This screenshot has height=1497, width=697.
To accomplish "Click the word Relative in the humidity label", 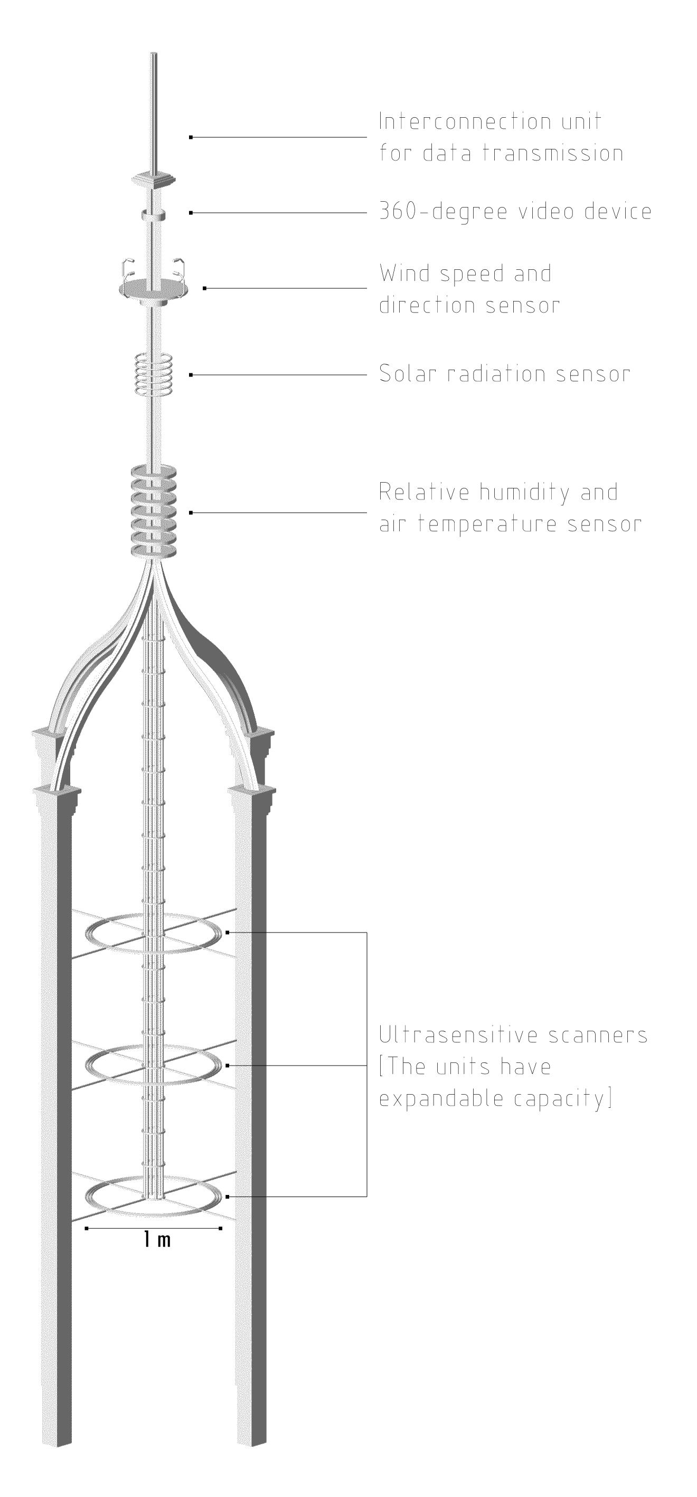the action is tap(425, 492).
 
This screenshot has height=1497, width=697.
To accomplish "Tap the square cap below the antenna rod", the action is tap(155, 179).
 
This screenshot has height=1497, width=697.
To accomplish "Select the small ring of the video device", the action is tap(154, 215).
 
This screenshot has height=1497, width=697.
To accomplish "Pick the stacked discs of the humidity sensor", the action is tap(154, 511).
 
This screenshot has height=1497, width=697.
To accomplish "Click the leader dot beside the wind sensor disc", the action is tap(205, 288).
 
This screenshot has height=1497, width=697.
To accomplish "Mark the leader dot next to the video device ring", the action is tap(191, 213).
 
